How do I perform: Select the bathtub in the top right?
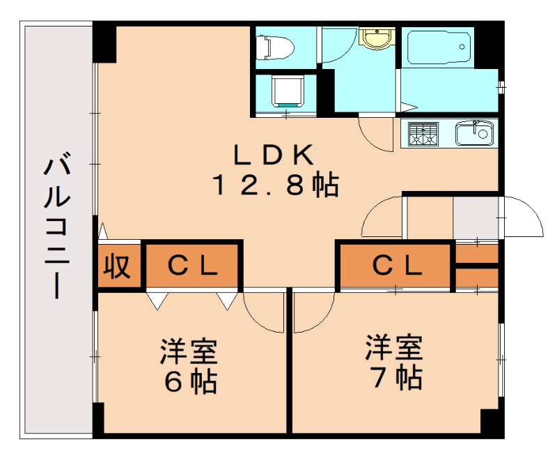[438, 47]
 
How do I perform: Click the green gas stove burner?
[423, 133]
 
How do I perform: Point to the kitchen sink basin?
[475, 132]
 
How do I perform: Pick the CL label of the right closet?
[396, 266]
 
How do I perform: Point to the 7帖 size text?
[395, 378]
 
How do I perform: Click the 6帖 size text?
[189, 381]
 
